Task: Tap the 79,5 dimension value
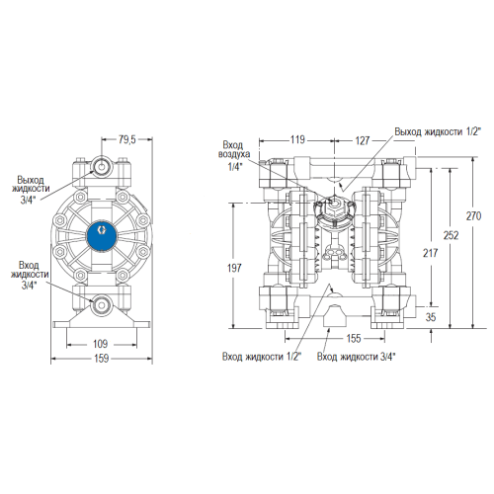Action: [126, 139]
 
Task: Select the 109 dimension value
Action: [101, 344]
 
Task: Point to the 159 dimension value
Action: [101, 358]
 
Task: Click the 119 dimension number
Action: [297, 139]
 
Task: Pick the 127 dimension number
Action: [363, 140]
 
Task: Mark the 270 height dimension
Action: [473, 216]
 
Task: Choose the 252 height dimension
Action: [451, 235]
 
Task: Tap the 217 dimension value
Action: [431, 253]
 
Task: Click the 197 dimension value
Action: [234, 268]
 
